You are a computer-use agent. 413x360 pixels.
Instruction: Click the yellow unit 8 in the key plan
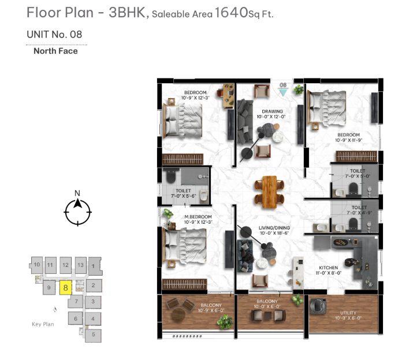66,288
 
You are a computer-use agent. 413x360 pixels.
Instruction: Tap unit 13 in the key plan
81,265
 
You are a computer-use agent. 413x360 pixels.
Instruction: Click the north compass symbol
78,210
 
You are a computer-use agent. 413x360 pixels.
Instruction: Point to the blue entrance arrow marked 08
284,92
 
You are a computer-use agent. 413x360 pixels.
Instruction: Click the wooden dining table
270,192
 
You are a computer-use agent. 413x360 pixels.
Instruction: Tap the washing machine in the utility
318,306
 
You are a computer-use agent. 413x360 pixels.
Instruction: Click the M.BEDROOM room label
198,217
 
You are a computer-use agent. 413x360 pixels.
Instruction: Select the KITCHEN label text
329,268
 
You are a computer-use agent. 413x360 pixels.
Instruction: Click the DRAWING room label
272,112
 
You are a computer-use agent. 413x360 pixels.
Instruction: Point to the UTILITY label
348,313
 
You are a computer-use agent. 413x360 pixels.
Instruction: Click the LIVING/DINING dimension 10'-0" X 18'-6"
274,233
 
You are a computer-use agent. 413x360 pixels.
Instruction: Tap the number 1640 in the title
232,12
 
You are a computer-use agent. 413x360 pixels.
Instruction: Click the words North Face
55,51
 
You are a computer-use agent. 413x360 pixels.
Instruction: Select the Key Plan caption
43,324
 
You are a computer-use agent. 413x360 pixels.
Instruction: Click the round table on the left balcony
178,314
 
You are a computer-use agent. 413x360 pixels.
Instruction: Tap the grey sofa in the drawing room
245,121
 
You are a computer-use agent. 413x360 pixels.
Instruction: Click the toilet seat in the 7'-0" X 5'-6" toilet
171,177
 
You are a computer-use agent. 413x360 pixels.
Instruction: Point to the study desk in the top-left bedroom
228,96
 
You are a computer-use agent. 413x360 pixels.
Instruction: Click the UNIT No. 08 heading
54,34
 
